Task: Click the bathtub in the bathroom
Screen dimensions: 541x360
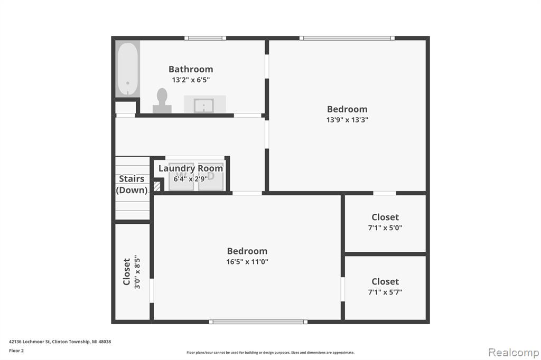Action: click(128, 69)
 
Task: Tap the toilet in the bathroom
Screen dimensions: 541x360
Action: click(162, 100)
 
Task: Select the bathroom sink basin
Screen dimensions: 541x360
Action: click(204, 106)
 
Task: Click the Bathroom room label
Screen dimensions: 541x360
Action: click(191, 69)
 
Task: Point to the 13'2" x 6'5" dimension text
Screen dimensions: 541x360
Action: click(191, 80)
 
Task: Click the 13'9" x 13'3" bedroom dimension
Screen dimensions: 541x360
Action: click(347, 120)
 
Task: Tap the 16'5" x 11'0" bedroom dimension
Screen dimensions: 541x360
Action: click(247, 262)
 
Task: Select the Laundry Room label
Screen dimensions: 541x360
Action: click(190, 168)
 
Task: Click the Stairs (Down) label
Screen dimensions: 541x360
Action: click(132, 184)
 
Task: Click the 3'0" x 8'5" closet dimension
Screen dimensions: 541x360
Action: click(137, 272)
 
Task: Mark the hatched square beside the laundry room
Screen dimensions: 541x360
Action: click(157, 186)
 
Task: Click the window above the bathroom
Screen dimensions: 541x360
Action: click(206, 38)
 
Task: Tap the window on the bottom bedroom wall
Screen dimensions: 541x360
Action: click(258, 321)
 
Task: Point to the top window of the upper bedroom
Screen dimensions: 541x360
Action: click(347, 38)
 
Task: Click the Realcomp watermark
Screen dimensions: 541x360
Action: click(514, 353)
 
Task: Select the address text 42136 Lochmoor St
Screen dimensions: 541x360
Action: click(30, 342)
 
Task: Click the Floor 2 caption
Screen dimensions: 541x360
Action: click(16, 350)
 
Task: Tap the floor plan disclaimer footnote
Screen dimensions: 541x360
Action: click(270, 353)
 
